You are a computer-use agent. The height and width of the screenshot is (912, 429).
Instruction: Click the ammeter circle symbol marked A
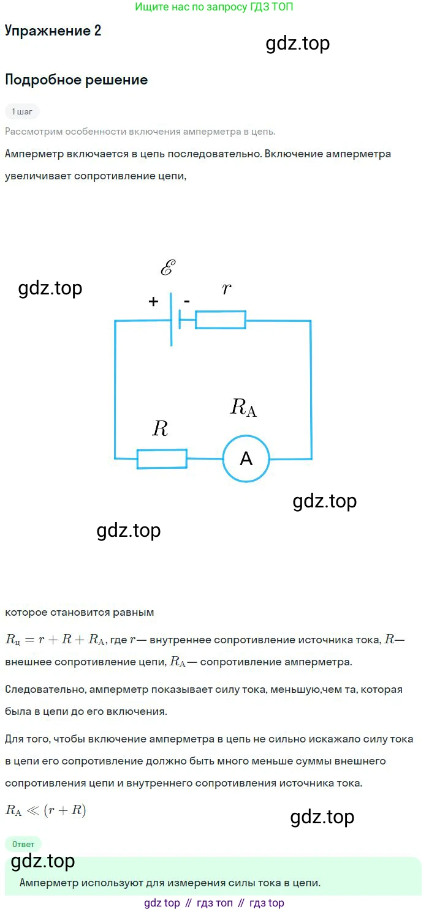[246, 458]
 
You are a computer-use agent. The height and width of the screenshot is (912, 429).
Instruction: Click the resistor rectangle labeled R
[162, 459]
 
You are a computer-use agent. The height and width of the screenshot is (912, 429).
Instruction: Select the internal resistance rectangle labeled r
[221, 320]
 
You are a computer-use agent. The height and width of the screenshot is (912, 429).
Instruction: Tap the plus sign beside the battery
[153, 301]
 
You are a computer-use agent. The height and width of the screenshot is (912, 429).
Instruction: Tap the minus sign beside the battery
[187, 301]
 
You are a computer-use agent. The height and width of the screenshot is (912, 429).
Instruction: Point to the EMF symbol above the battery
[167, 268]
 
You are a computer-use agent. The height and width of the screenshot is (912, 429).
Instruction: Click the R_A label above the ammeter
[243, 407]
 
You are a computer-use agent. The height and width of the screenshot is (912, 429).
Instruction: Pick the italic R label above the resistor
[160, 429]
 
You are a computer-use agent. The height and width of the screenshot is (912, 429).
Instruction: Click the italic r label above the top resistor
[227, 289]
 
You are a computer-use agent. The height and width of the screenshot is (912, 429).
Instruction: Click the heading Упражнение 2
[53, 32]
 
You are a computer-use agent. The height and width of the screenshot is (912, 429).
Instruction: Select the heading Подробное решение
[76, 80]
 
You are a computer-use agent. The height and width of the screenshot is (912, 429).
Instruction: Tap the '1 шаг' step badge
[22, 111]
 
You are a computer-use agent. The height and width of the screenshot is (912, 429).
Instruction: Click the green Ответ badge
[23, 844]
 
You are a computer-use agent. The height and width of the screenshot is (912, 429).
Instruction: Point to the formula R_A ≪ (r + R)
[46, 810]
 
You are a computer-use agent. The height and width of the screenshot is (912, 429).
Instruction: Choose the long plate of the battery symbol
[171, 319]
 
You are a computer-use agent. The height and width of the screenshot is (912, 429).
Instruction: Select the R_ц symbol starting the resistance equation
[13, 641]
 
